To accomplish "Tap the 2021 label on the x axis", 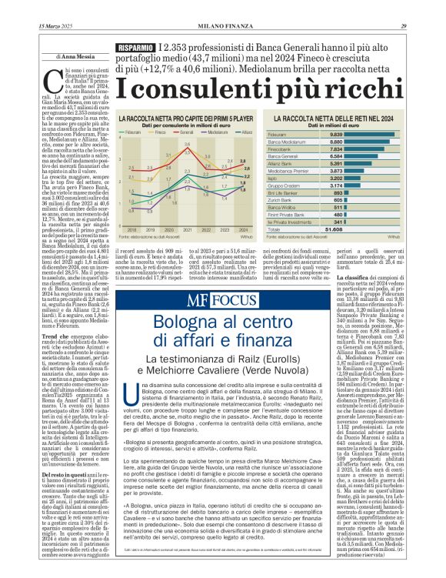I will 187,229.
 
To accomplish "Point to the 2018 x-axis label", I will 130,229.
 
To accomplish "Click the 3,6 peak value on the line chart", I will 187,145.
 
